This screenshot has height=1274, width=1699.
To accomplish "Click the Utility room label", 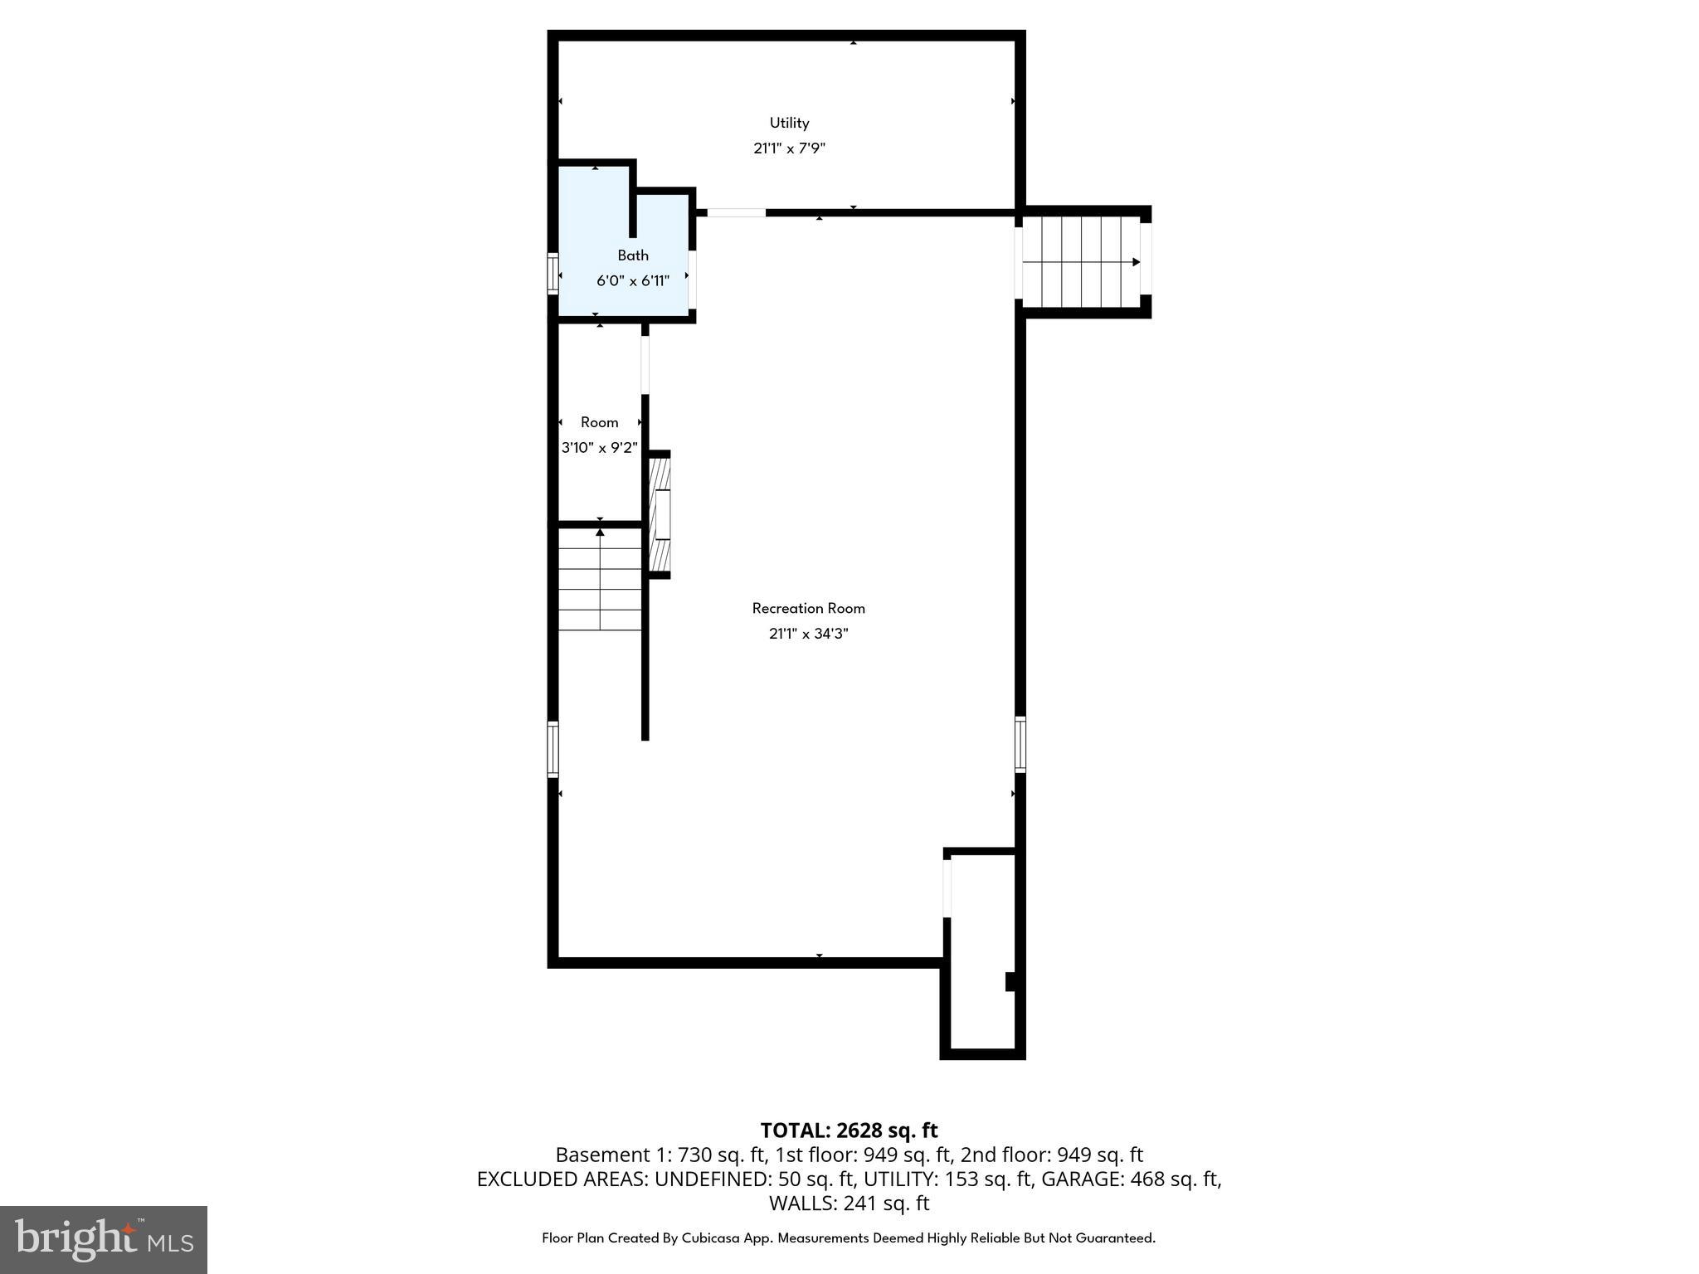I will coord(789,123).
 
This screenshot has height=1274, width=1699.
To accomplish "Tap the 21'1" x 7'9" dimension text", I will coord(789,148).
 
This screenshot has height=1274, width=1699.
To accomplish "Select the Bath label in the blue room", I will coord(633,255).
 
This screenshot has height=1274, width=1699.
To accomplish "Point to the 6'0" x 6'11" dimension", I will coord(633,280).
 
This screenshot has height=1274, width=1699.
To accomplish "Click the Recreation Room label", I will coord(808,608).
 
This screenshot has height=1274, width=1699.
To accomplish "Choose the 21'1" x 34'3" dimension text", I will coord(808,634).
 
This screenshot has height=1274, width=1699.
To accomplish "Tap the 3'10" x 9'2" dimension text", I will coord(599,448).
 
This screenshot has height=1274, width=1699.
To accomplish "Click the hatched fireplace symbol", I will coord(660,514).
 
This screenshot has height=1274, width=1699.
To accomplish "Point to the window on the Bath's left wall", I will coord(553,274).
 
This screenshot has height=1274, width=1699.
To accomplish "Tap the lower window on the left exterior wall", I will coord(553,749).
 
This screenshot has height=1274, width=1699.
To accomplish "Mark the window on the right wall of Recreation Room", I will coord(1020,744).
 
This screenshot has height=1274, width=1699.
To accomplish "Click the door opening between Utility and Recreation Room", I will coord(736,213).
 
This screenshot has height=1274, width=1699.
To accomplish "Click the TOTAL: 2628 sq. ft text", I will coord(849,1131).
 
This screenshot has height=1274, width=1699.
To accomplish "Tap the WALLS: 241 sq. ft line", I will coord(849,1203).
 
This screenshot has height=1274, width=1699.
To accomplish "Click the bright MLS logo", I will coord(104,1240).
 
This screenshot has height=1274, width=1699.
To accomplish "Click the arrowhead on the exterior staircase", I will coord(1137,262).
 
